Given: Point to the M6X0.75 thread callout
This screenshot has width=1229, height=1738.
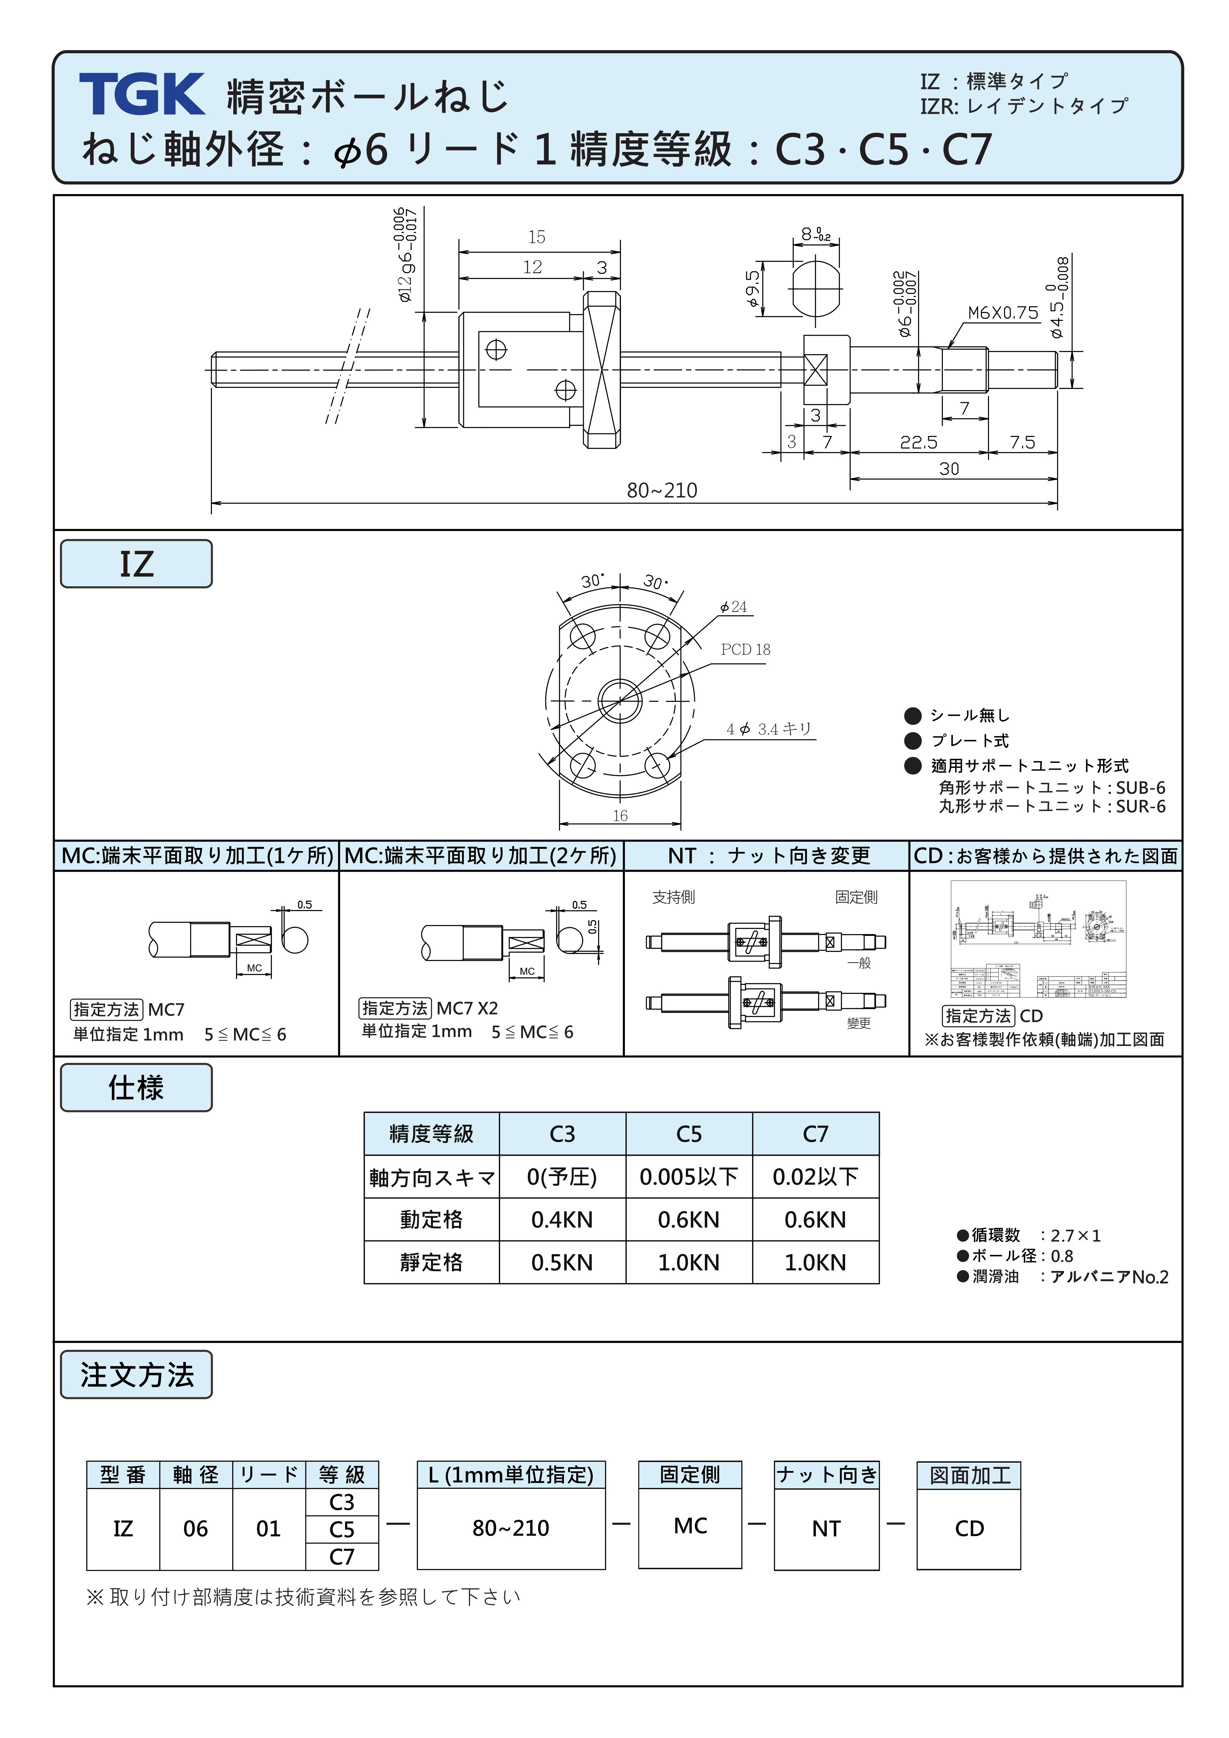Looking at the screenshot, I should pyautogui.click(x=1003, y=313).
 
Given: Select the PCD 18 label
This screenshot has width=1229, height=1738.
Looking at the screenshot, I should pyautogui.click(x=745, y=650).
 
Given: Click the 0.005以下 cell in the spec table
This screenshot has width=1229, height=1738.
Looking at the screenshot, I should pyautogui.click(x=689, y=1177).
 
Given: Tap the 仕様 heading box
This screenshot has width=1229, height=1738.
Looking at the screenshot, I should pyautogui.click(x=136, y=1088).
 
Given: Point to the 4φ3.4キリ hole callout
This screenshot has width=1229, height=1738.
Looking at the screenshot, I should pyautogui.click(x=768, y=729).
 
